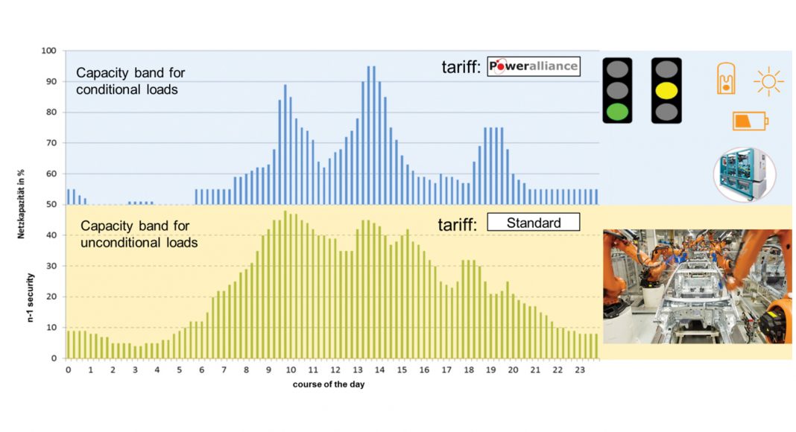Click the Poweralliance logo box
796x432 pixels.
pos(533,67)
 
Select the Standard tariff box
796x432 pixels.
pos(533,223)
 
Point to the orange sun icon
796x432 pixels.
pos(768,81)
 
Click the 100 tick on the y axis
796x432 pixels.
pos(50,51)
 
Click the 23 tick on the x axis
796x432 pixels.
pos(581,370)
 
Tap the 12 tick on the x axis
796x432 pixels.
pos(335,370)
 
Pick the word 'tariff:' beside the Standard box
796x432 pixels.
pos(457,223)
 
